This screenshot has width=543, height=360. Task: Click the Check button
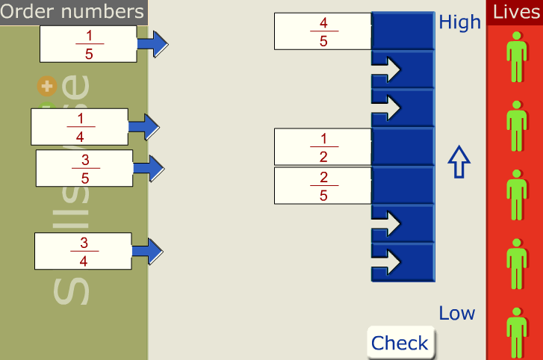[400, 343]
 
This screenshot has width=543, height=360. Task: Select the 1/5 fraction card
[88, 44]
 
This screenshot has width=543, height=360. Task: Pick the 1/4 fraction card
[79, 127]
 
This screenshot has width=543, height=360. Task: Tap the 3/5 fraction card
[84, 168]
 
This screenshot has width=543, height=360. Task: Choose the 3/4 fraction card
[83, 251]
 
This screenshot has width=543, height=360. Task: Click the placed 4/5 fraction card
[323, 31]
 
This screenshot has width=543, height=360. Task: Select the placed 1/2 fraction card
[323, 147]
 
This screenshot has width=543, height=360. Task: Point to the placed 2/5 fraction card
[323, 186]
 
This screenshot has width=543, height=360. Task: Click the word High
[459, 22]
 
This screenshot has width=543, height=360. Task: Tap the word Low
[456, 313]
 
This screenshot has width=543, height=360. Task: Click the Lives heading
[516, 12]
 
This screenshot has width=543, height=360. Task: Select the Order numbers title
[72, 12]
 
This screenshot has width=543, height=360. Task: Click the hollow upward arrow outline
[459, 162]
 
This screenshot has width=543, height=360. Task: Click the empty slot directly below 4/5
[403, 69]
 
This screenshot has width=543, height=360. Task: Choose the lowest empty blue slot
[403, 262]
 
